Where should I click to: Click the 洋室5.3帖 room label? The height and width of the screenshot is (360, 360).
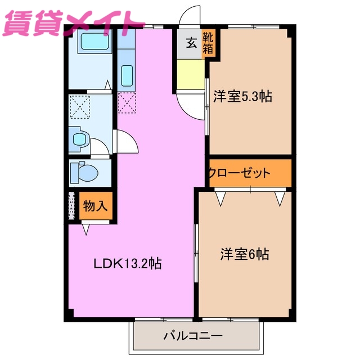(242, 97)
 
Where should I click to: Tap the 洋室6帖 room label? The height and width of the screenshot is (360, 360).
(244, 255)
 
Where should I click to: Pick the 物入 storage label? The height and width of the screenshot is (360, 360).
(95, 206)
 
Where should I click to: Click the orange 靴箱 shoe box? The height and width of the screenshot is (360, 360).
(209, 44)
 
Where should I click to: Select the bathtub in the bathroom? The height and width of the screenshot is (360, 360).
(90, 41)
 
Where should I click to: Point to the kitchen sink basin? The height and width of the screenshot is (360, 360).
(127, 75)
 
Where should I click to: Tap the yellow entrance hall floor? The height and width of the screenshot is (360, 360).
(190, 73)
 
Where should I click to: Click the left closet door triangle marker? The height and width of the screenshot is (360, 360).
(220, 198)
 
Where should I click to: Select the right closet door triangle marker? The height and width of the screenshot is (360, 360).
(280, 198)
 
